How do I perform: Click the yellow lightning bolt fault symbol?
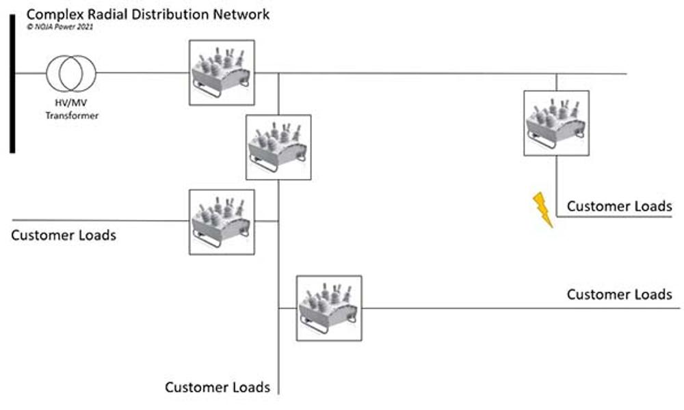click(x=543, y=210)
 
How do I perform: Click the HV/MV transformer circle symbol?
click(x=71, y=73)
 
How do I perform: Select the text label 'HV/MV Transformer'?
click(x=71, y=109)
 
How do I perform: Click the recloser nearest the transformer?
click(x=222, y=72)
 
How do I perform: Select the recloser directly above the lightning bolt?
click(x=556, y=124)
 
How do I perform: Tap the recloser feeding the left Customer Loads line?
click(x=222, y=222)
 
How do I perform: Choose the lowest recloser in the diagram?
click(x=329, y=308)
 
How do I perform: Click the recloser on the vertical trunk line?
click(x=278, y=147)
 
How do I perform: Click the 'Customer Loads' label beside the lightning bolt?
click(x=619, y=206)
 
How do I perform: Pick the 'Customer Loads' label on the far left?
click(x=64, y=236)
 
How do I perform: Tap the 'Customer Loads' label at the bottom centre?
click(x=218, y=387)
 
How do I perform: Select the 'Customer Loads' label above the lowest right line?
click(x=619, y=295)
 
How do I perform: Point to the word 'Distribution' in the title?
click(x=173, y=14)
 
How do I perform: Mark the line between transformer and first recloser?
click(x=142, y=73)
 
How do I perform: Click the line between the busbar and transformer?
click(x=30, y=73)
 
